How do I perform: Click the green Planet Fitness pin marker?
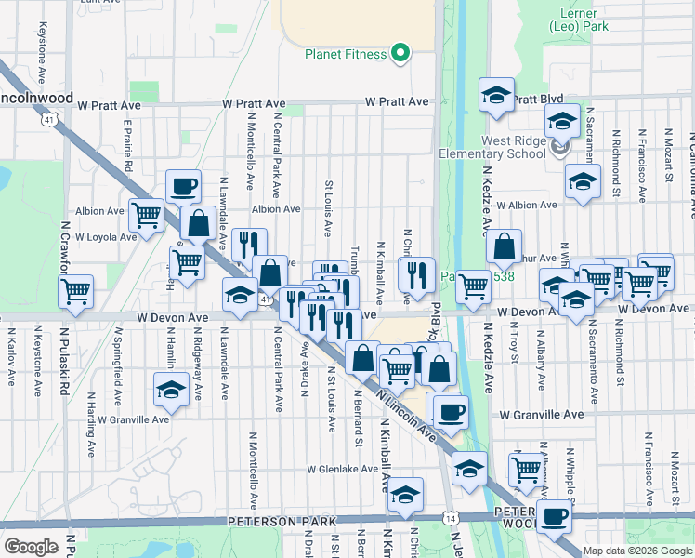tap(401, 53)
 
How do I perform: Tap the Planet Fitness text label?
tap(346, 54)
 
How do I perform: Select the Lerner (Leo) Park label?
tap(585, 20)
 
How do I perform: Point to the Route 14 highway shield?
tap(452, 516)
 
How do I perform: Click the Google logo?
tap(31, 547)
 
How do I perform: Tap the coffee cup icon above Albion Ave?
tap(184, 186)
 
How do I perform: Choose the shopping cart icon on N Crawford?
tap(75, 290)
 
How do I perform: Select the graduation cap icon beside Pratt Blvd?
tap(497, 95)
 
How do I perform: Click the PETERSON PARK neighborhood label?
tap(282, 522)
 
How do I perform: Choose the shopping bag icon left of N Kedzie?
tap(504, 246)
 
